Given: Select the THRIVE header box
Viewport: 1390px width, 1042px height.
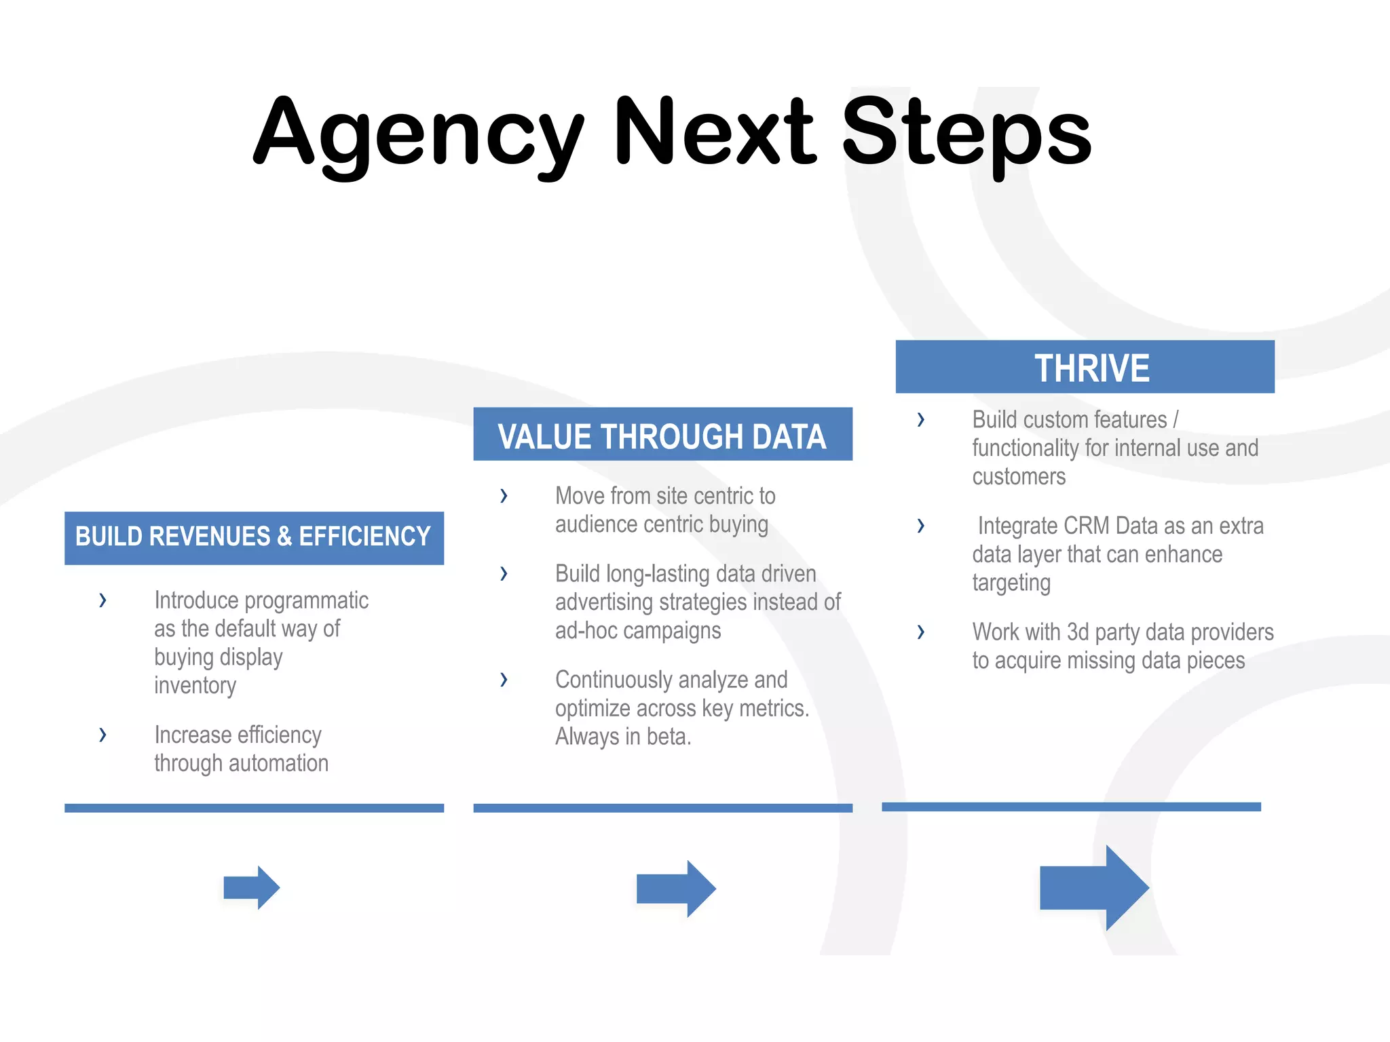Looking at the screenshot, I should point(1085,367).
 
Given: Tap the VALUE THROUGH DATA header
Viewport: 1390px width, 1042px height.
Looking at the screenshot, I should point(662,435).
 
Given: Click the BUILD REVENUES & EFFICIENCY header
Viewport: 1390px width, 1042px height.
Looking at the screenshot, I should point(254,537).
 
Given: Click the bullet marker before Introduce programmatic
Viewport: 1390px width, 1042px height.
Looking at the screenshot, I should point(102,600).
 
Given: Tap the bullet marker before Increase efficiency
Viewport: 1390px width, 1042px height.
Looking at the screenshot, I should point(102,734).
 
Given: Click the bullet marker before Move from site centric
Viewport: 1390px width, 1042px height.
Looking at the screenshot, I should point(504,496).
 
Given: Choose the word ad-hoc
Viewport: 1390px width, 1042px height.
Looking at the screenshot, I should point(586,630).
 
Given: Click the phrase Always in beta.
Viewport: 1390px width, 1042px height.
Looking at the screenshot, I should point(623,737).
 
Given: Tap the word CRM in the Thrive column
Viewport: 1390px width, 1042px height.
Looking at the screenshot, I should point(1087,526).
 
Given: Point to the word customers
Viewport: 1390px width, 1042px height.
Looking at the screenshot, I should point(1019,477).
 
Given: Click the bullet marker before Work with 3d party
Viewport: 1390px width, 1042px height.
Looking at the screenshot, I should point(920,632).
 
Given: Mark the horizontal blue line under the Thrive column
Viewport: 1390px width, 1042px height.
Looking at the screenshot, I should point(1071,807).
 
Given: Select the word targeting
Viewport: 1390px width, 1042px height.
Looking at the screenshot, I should point(1011,583).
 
